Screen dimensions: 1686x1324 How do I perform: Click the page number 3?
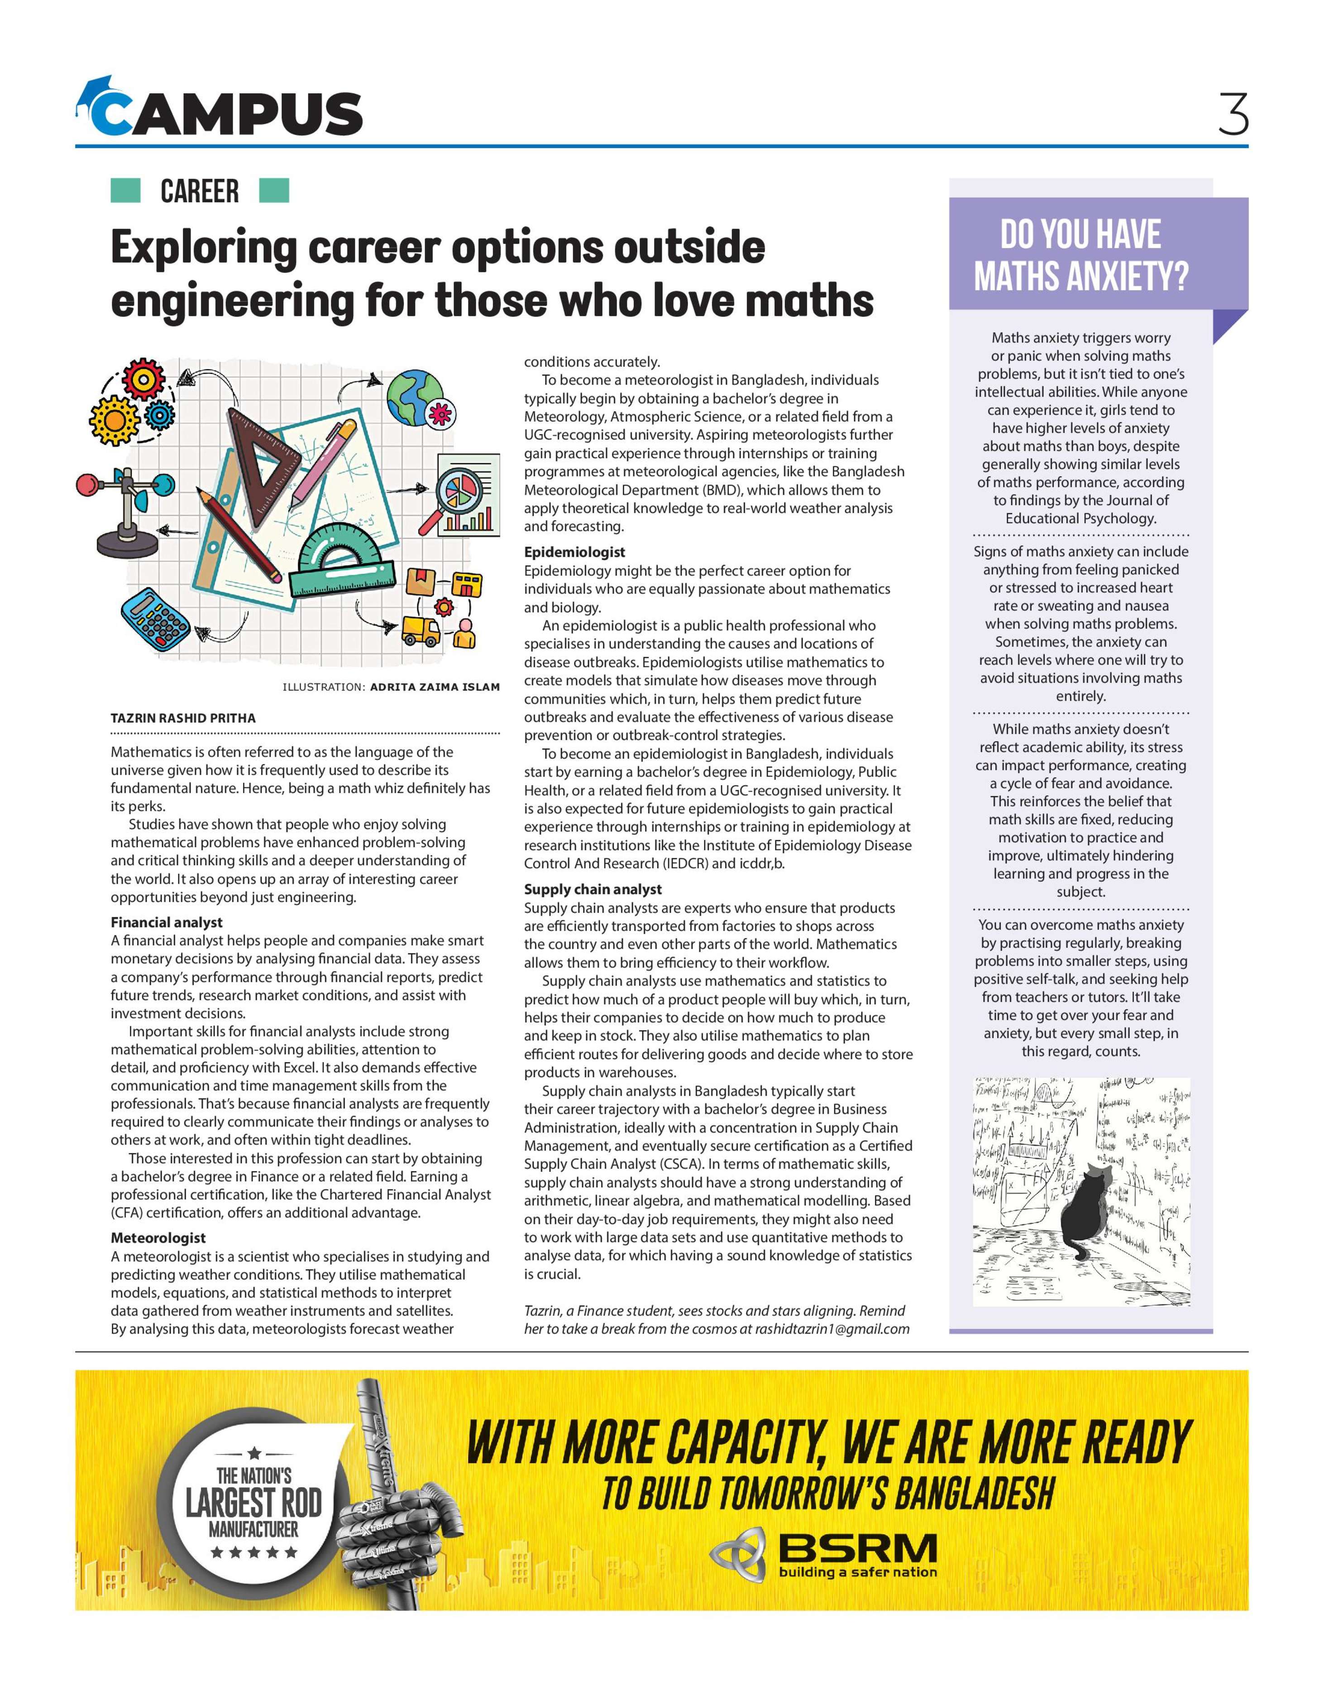coord(1233,114)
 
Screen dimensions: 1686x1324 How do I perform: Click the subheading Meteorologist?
coord(158,1238)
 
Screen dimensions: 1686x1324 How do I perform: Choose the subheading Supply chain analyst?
coord(593,889)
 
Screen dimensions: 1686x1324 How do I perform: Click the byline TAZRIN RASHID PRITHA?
coord(183,718)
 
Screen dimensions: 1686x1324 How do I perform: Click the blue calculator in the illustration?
coord(155,620)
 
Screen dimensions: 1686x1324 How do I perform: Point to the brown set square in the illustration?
coord(268,457)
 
